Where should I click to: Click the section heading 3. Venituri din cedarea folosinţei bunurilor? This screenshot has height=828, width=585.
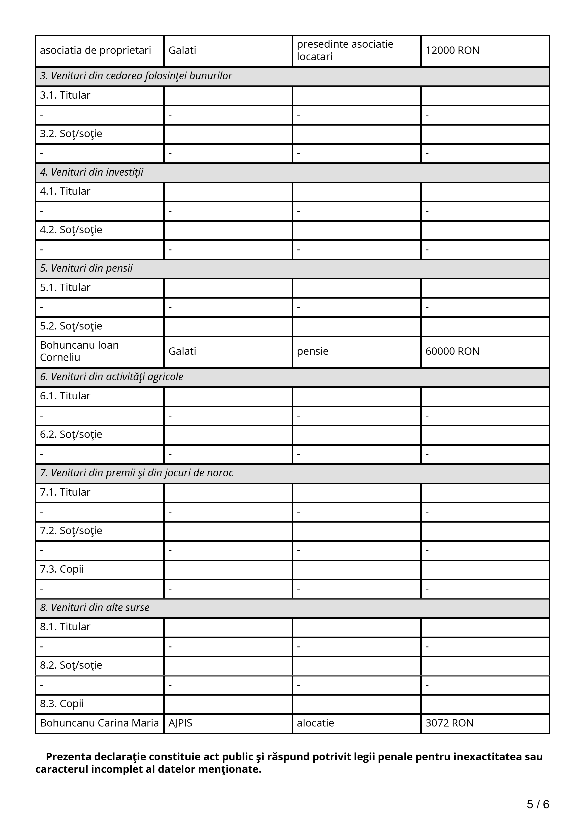click(136, 76)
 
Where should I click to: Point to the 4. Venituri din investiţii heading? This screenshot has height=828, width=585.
click(92, 172)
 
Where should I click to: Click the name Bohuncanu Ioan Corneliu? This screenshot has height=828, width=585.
click(79, 351)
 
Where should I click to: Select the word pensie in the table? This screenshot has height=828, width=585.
click(312, 351)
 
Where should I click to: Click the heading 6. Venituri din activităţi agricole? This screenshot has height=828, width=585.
click(111, 377)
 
